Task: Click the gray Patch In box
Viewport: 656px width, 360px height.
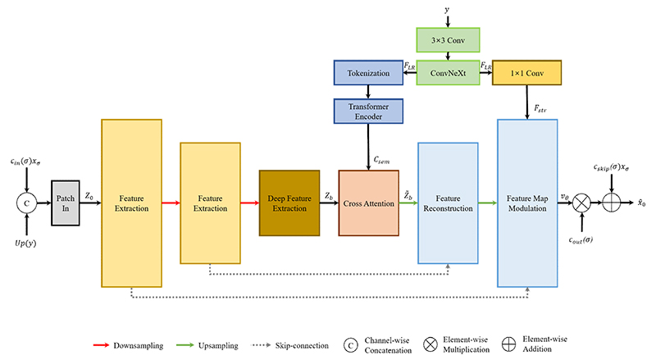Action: tap(66, 203)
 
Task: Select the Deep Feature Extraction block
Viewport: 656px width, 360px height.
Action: tap(289, 203)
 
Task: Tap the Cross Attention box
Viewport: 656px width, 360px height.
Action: tap(368, 203)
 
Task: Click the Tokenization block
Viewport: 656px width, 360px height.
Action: tap(368, 73)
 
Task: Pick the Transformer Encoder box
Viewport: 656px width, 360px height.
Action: tap(368, 112)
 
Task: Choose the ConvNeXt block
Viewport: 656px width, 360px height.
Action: tap(448, 73)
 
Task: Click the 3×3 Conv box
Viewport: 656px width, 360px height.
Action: tap(448, 40)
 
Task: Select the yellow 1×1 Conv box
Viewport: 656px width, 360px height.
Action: tap(526, 73)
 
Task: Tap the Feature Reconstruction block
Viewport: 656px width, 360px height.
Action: tap(448, 203)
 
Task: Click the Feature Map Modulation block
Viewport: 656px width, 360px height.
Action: tap(527, 203)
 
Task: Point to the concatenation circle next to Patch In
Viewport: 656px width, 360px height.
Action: tap(27, 203)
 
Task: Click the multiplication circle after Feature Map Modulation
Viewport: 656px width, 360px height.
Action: tap(581, 203)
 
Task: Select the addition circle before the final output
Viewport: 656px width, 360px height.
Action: tap(611, 203)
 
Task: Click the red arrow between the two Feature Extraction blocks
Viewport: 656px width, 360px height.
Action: tap(171, 203)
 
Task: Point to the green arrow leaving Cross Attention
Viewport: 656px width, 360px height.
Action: tap(408, 203)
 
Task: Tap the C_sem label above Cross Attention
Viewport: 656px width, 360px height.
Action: tap(381, 161)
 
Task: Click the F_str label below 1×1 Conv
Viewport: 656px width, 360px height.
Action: tap(540, 108)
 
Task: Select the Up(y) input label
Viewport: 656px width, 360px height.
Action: tap(25, 244)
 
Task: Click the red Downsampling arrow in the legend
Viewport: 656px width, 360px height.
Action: tap(102, 345)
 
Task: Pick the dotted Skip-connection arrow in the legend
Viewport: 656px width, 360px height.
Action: tap(261, 345)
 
